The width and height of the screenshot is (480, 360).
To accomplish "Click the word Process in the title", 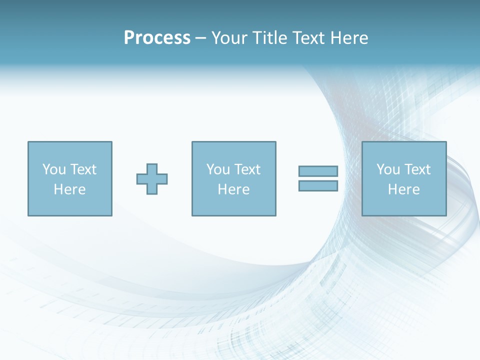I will point(157,38).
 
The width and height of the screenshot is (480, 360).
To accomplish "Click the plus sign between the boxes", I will point(152,179).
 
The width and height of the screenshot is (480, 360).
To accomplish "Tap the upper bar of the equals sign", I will point(318,171).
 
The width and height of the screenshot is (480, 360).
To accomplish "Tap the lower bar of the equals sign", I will point(318,185).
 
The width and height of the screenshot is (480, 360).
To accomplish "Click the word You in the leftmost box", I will point(54,169).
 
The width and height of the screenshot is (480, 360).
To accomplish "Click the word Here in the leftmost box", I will point(69,189).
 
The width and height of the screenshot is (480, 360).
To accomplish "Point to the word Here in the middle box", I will point(233,189).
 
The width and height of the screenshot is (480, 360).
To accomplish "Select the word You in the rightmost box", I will point(388,169).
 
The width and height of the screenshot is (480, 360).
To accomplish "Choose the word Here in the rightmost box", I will point(403,189).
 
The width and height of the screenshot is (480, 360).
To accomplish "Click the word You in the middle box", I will point(218,169).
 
